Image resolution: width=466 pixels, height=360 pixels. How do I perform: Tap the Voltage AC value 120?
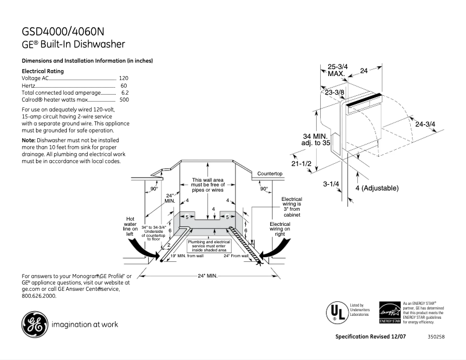point(123,78)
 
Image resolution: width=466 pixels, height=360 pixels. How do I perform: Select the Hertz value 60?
point(124,85)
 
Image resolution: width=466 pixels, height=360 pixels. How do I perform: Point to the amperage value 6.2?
point(124,92)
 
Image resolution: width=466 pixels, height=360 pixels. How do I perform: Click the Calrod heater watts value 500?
point(124,100)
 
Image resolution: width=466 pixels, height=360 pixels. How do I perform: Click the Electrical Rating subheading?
point(42,71)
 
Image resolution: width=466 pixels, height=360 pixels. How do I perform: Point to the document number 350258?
point(436,337)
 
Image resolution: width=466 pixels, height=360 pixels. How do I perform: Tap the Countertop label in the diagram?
point(270,174)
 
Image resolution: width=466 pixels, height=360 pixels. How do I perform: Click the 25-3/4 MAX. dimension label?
point(338,70)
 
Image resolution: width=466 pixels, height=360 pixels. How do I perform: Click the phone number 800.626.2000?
point(39,296)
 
